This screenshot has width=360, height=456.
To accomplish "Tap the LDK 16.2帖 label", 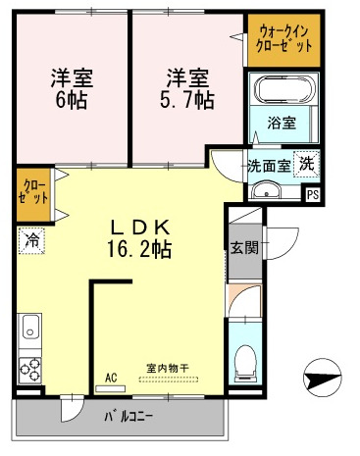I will (x=139, y=235).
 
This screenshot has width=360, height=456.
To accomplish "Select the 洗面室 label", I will (x=267, y=165).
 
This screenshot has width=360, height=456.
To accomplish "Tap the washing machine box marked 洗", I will (x=306, y=164).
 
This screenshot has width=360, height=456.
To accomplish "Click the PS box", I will (x=312, y=193).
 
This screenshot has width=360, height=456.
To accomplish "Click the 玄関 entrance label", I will (x=244, y=247).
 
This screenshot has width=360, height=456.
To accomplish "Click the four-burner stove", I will (x=29, y=370).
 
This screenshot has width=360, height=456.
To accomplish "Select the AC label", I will (x=110, y=376).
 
